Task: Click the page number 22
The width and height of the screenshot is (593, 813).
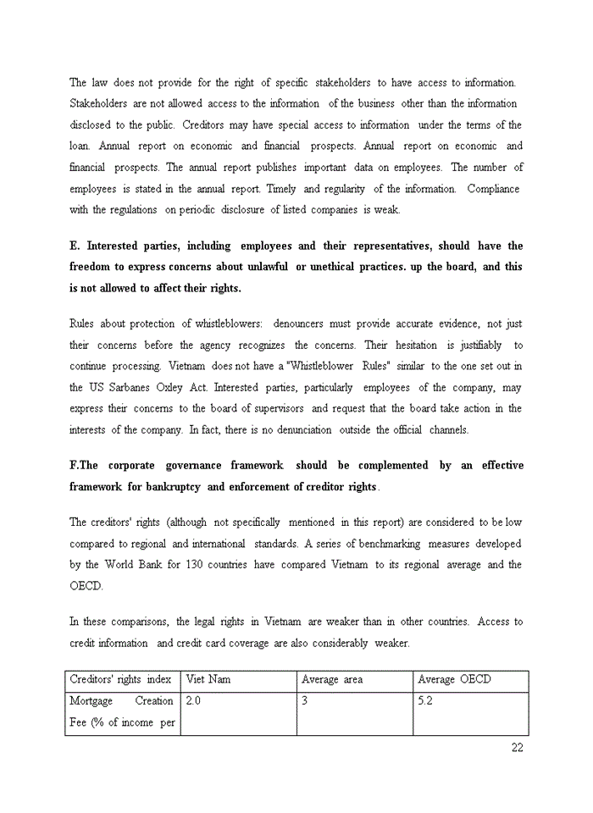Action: point(518,747)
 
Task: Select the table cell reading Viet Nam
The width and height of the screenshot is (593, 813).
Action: point(208,679)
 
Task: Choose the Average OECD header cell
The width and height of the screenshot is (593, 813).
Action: point(454,679)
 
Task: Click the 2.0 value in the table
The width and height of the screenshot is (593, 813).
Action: point(193,701)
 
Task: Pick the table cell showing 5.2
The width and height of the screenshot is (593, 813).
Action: point(425,701)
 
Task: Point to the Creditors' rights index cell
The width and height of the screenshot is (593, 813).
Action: point(120,679)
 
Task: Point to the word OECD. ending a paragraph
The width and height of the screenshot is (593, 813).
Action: point(86,586)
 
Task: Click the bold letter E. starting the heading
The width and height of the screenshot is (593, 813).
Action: point(75,246)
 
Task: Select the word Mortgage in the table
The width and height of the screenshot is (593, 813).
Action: point(92,701)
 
